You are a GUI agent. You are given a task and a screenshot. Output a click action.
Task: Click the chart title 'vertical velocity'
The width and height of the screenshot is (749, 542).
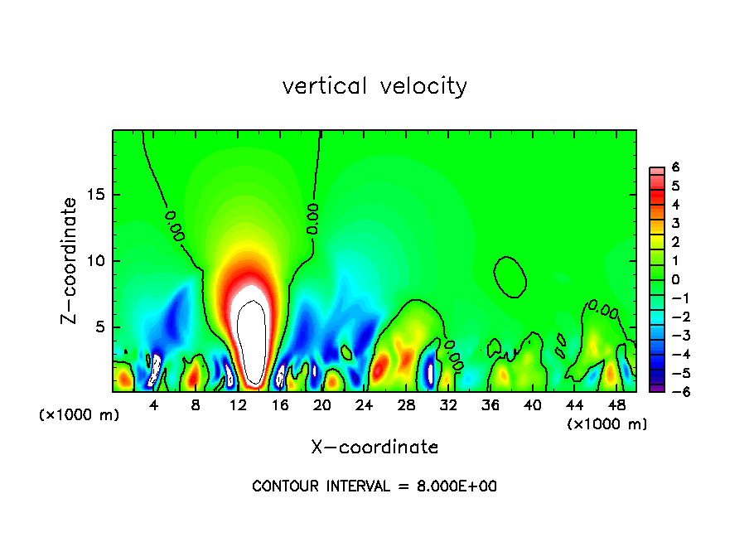coord(374,86)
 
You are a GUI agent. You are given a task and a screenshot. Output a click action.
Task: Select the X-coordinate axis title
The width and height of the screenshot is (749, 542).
coord(374,448)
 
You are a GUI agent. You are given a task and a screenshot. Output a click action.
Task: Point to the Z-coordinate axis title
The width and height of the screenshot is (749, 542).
coord(71,260)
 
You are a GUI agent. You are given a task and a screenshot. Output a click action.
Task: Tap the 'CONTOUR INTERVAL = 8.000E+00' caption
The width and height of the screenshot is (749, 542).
coord(374,486)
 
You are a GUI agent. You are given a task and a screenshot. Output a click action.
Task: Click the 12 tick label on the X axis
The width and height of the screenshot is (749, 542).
coord(238,405)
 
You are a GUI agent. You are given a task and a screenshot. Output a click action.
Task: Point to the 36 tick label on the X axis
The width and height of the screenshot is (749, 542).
coord(490,405)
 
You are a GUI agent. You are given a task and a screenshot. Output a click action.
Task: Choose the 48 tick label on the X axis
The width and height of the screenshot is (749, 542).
coord(616,405)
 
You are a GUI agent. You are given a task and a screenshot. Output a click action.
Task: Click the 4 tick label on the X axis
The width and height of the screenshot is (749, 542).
coord(154,405)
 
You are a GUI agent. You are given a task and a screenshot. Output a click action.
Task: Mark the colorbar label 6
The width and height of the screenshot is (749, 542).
coord(675,167)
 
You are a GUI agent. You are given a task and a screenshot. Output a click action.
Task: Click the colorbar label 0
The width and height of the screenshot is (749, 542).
coord(675,279)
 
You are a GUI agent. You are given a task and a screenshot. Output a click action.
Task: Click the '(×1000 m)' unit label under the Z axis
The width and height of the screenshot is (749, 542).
coord(80,415)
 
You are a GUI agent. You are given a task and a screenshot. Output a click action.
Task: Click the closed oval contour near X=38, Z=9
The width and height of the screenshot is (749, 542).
coord(510,276)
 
